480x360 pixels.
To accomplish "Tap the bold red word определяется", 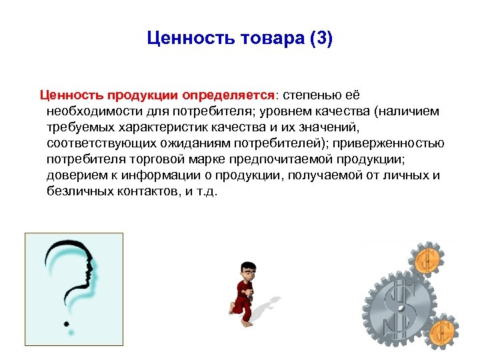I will click(x=230, y=95).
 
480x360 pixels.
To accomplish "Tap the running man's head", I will click(x=248, y=271).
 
